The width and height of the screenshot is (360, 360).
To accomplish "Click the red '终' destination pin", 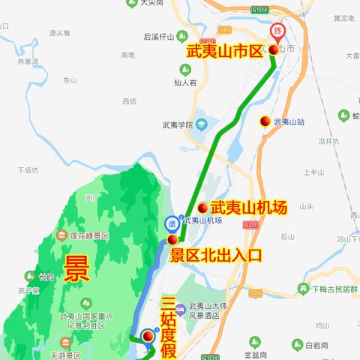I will click(x=277, y=32).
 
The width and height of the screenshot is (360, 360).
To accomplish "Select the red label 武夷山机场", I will click(x=248, y=208).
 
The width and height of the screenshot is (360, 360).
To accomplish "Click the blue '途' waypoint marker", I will click(x=172, y=222).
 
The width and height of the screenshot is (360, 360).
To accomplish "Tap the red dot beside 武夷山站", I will click(x=265, y=121).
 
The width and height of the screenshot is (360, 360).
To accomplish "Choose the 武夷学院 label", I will click(x=178, y=125).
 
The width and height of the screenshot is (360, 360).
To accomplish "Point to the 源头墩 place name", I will click(x=59, y=33).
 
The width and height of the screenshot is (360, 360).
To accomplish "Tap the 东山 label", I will click(x=70, y=79).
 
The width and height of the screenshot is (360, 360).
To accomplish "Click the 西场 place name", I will click(x=129, y=101).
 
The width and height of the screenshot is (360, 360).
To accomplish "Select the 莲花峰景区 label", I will click(x=90, y=236).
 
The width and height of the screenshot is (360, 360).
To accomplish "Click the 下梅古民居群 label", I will click(x=334, y=289).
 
